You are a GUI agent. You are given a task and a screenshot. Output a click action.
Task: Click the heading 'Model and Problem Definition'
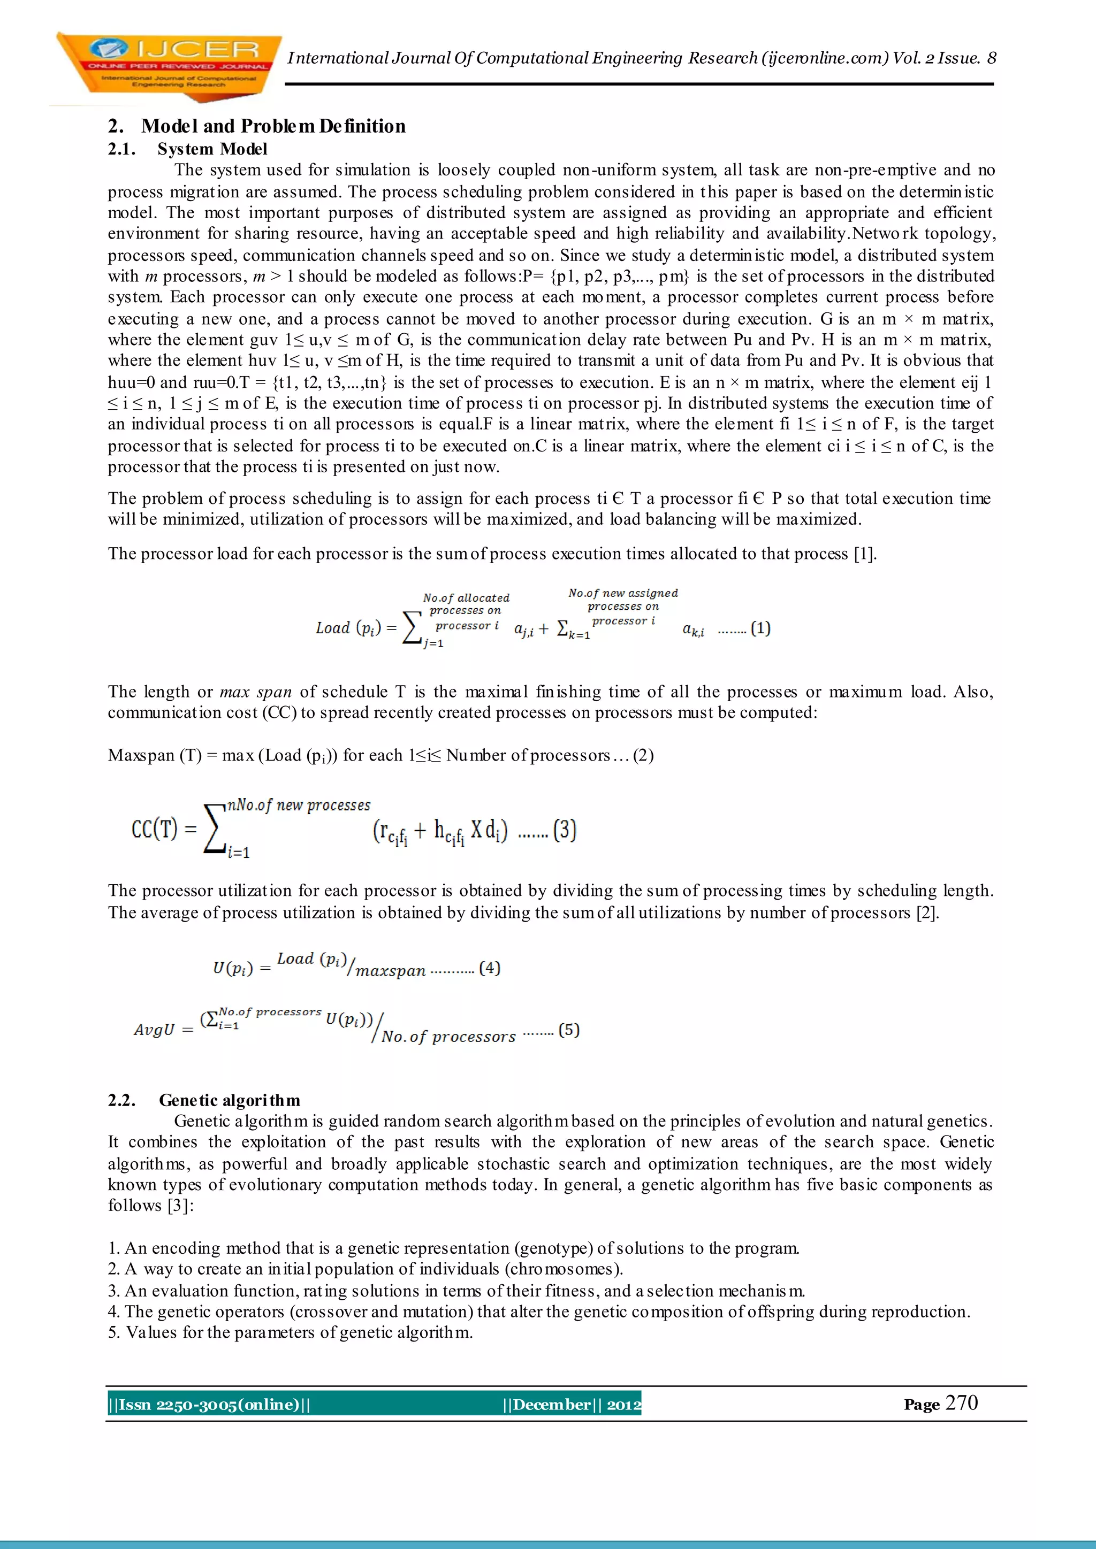273,126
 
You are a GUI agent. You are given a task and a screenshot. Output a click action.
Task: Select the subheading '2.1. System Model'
188,149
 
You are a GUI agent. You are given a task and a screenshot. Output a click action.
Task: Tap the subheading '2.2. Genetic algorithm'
204,1100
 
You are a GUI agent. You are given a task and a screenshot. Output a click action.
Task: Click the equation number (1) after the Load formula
760,628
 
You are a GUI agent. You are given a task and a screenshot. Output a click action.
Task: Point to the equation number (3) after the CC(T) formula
565,830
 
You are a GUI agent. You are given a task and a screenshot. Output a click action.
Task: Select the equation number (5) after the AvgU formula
569,1030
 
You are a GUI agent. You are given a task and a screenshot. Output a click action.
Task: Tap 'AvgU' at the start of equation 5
155,1030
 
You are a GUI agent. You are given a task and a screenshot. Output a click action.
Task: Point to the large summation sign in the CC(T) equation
214,830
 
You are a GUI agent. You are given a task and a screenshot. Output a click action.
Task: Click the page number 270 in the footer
962,1404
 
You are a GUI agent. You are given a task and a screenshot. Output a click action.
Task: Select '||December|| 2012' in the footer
572,1405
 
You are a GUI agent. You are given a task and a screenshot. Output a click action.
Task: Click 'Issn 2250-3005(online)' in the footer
209,1405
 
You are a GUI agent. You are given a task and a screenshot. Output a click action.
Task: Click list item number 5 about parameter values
290,1332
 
